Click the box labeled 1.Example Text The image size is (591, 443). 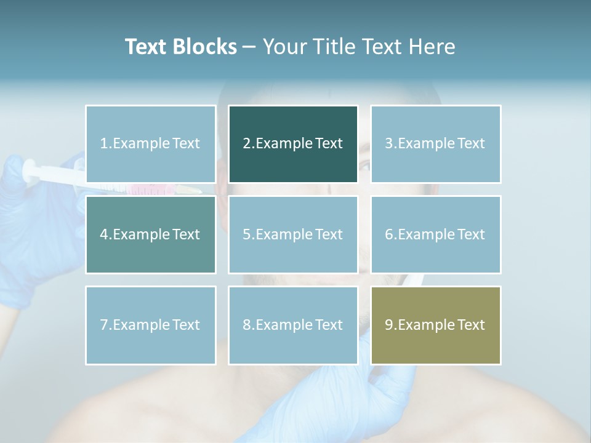pos(150,144)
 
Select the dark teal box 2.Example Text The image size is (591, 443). pos(293,144)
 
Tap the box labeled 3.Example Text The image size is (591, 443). pos(435,144)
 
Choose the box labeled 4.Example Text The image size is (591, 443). pos(150,234)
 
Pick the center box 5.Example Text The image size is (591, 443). pos(293,234)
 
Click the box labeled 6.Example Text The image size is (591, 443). pos(435,234)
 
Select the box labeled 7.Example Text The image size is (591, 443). pos(150,325)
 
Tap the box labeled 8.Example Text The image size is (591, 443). pos(293,325)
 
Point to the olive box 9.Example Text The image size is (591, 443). pos(435,325)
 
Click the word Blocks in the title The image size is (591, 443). pos(204,47)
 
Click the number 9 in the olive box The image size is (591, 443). pos(389,325)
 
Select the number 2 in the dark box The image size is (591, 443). pos(247,144)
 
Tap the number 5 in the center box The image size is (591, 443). pos(247,234)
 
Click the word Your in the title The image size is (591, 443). pos(284,47)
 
